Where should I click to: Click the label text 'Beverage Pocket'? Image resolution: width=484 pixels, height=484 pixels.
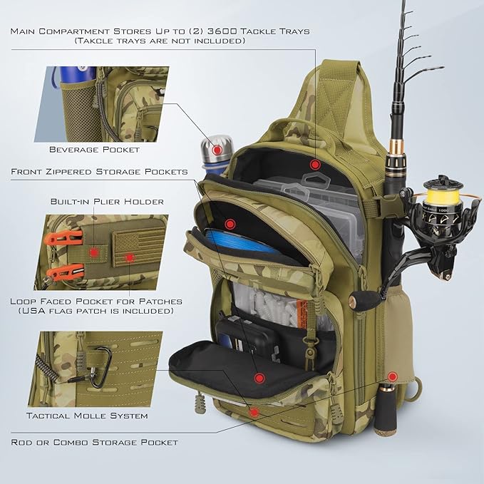click(x=94, y=150)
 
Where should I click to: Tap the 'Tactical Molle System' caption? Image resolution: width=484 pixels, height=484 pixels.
click(x=87, y=416)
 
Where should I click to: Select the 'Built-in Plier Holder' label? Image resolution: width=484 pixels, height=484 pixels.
click(x=107, y=202)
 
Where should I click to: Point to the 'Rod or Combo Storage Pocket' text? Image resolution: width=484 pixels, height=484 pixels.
click(x=94, y=442)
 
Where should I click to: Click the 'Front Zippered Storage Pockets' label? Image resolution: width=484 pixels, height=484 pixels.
click(x=99, y=172)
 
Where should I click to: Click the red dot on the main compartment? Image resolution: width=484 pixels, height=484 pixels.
click(x=314, y=163)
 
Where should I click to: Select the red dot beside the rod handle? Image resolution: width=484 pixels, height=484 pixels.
click(x=392, y=376)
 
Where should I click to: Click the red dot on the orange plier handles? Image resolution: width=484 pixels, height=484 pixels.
click(x=93, y=252)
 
